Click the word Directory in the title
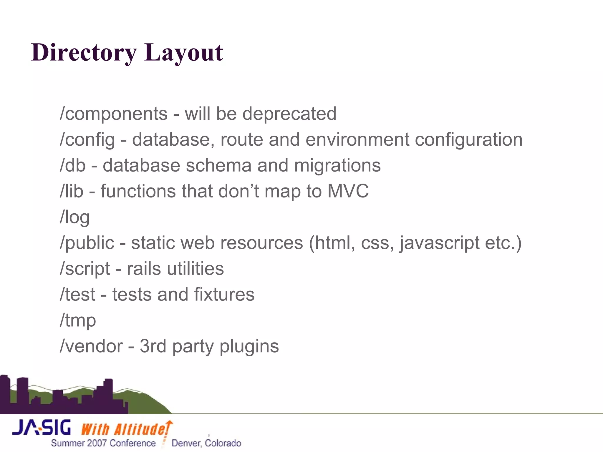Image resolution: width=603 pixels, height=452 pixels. [84, 53]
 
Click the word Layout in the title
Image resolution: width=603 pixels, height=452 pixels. [184, 53]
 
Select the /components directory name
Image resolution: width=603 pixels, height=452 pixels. [114, 114]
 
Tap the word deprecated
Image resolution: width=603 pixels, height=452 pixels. [289, 114]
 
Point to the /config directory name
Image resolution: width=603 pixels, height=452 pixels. [87, 140]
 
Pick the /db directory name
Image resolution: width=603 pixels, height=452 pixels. [73, 165]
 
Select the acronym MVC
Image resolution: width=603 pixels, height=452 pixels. [348, 191]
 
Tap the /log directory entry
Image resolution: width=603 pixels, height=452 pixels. [74, 217]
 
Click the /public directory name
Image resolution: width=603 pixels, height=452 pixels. [87, 243]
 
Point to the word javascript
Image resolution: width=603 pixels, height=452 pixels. [440, 243]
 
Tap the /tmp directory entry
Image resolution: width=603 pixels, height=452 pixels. [78, 321]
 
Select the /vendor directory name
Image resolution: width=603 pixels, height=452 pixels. [91, 346]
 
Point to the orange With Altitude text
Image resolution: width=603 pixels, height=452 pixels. [125, 429]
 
